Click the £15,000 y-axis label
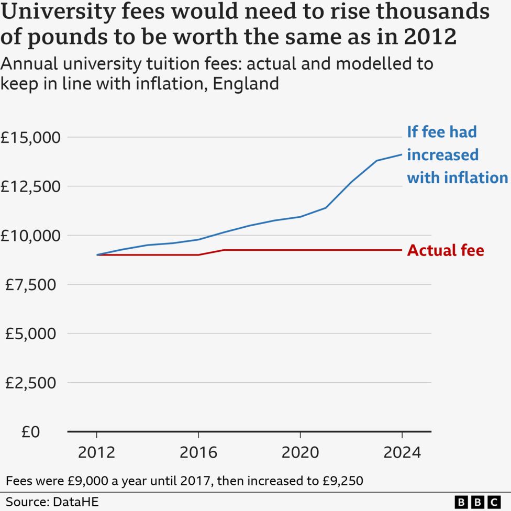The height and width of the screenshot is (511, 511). [31, 137]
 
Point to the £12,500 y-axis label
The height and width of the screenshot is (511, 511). [31, 186]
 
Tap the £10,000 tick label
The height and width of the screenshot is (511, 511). [31, 236]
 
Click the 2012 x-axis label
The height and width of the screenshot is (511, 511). [96, 452]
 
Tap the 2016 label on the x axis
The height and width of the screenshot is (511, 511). [198, 452]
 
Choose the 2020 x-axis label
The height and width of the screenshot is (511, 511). [300, 452]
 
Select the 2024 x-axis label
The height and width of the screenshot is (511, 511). [402, 452]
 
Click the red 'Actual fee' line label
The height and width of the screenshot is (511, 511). [446, 250]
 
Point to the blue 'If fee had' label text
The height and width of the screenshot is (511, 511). [442, 131]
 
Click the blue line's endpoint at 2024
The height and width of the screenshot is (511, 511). [402, 154]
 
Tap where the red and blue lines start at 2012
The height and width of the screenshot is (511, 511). [97, 254]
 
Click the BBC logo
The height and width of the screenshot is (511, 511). [478, 501]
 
